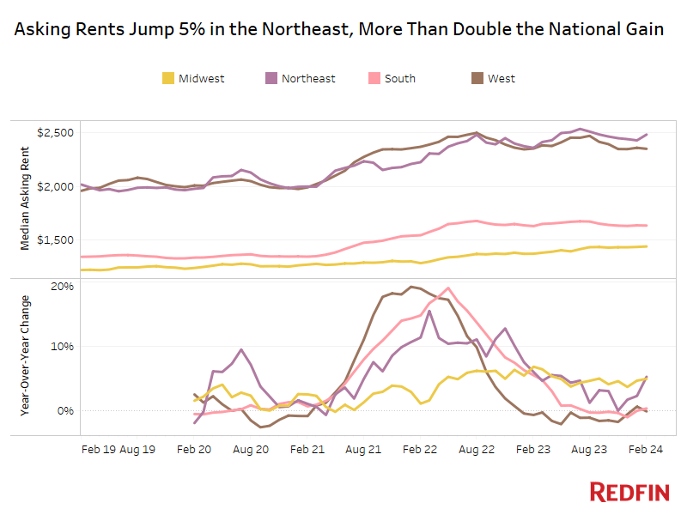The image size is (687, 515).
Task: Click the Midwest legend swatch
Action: pyautogui.click(x=168, y=78)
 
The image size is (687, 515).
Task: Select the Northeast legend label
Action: pyautogui.click(x=308, y=78)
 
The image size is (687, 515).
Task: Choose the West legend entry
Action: pyautogui.click(x=502, y=78)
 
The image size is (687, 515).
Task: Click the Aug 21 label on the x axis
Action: pyautogui.click(x=363, y=448)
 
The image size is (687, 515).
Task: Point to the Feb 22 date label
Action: pyautogui.click(x=420, y=448)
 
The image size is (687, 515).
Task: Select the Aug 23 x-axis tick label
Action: pyautogui.click(x=589, y=448)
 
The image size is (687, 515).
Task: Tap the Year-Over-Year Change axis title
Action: pyautogui.click(x=25, y=355)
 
